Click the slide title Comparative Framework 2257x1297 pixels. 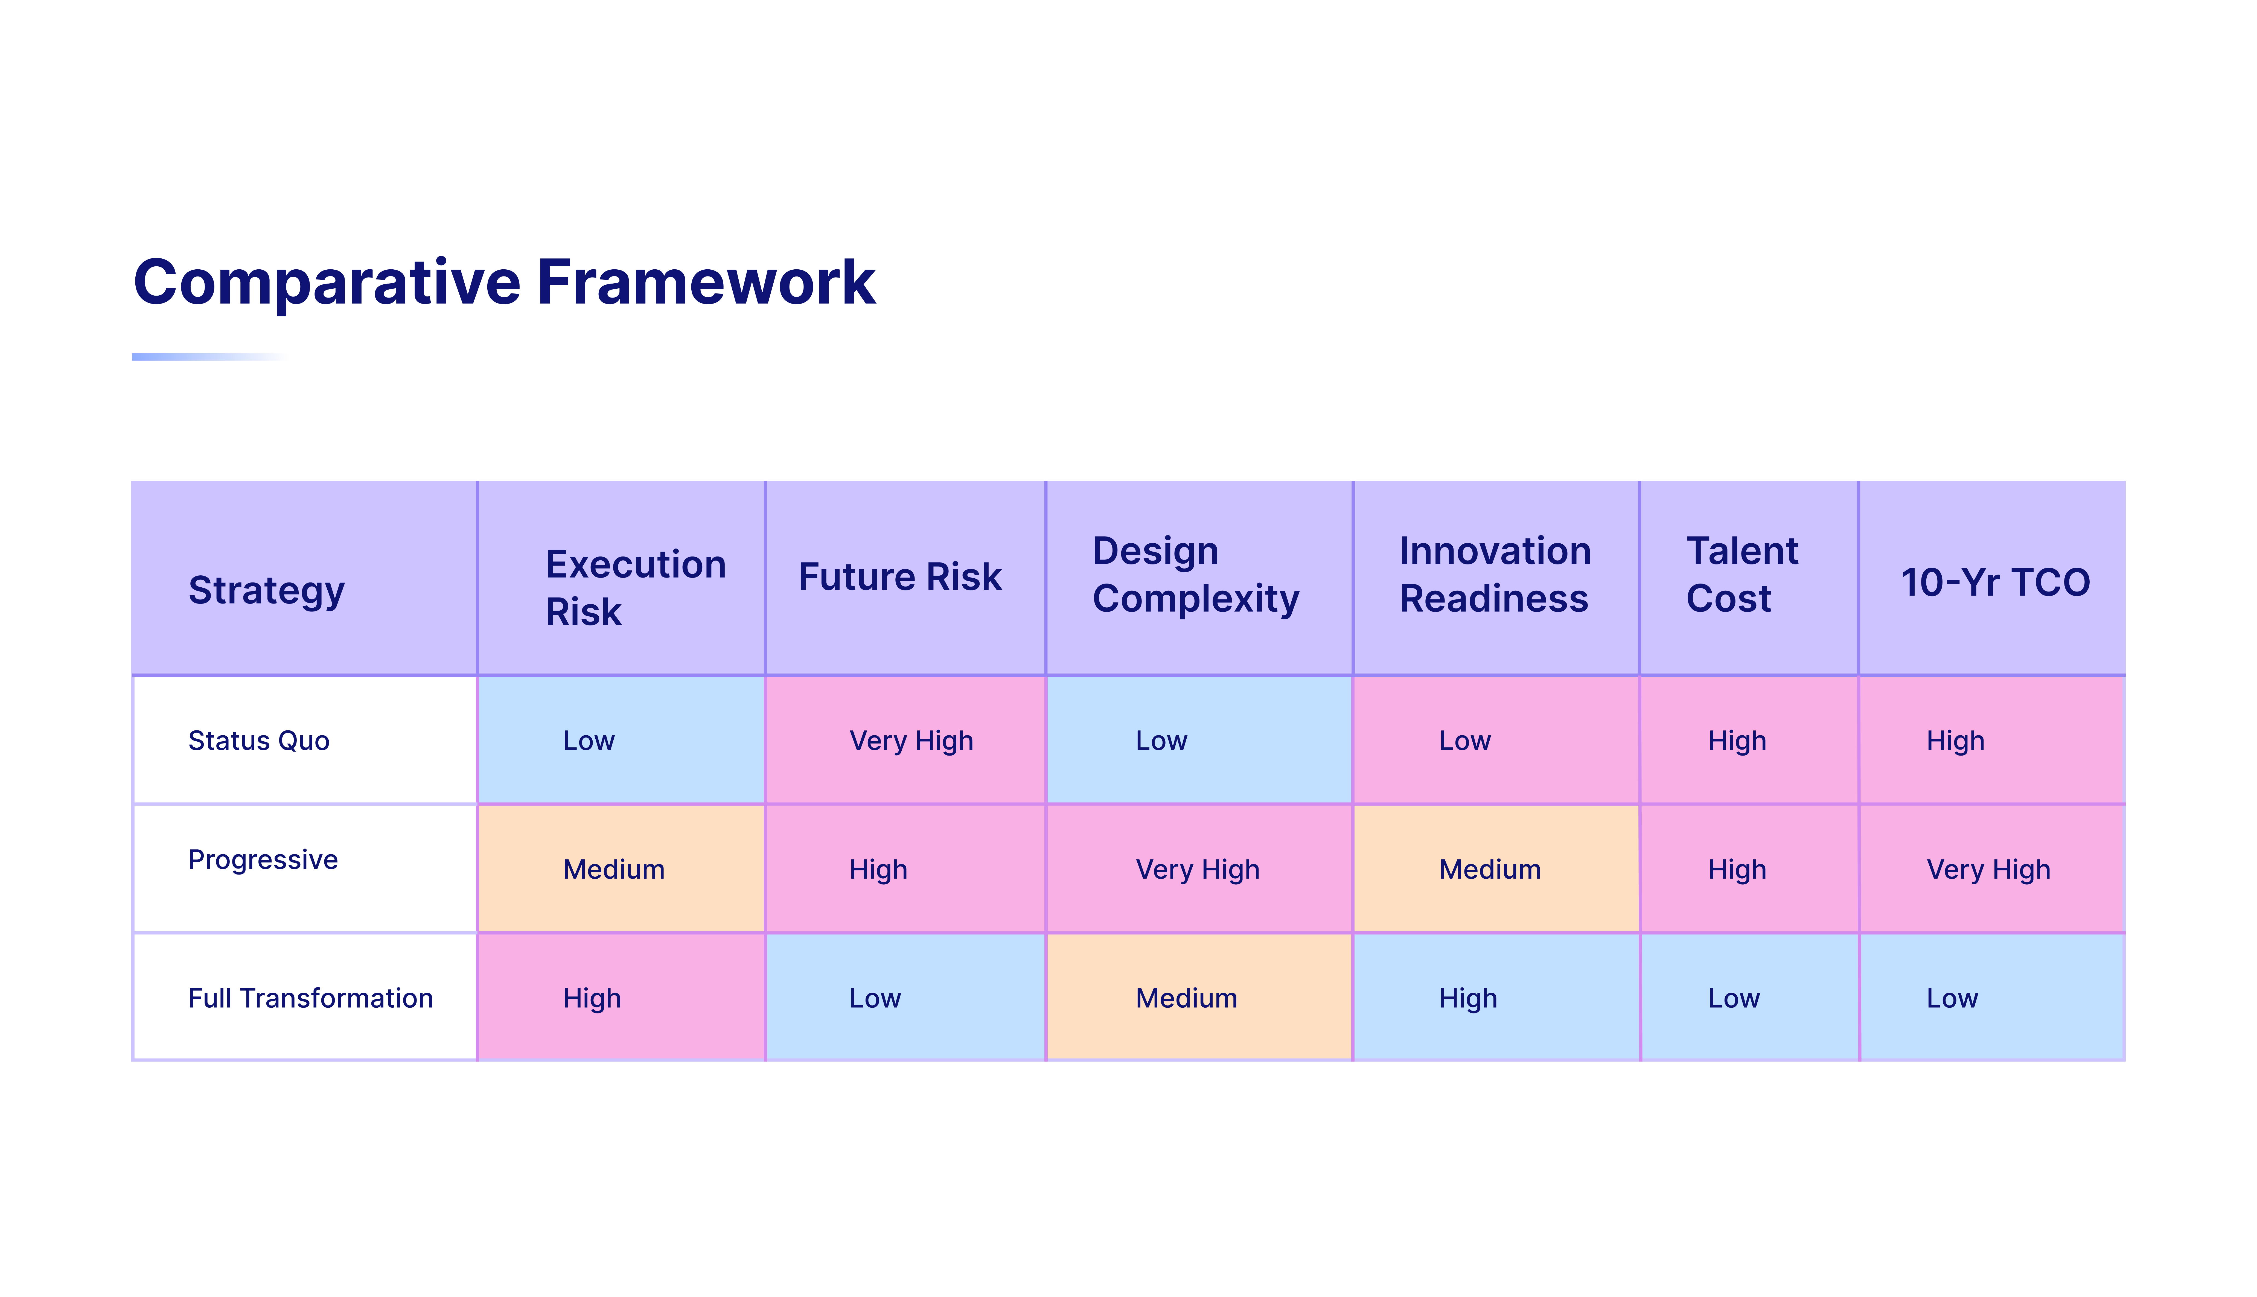(504, 282)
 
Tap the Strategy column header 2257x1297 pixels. (266, 591)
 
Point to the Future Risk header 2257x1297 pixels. (899, 577)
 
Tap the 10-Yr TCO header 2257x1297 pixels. (1995, 582)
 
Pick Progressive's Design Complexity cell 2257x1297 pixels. (1199, 868)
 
